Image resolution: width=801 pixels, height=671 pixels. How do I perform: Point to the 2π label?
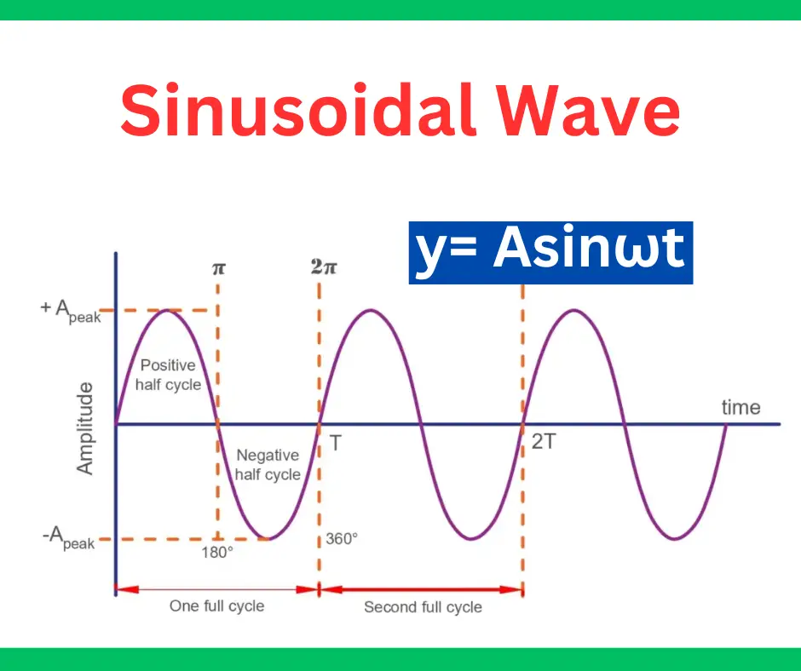click(x=324, y=267)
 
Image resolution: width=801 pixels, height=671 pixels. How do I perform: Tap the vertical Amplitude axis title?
click(x=85, y=428)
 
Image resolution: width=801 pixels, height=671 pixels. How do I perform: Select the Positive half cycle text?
click(x=169, y=375)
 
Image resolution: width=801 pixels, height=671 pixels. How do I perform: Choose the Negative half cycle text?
click(x=268, y=465)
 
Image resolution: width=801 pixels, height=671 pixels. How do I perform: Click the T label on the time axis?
click(x=336, y=443)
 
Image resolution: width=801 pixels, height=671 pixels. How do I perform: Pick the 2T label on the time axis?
click(x=543, y=443)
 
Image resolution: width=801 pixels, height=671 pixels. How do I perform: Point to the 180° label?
click(x=217, y=552)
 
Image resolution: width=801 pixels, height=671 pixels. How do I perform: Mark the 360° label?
click(x=341, y=539)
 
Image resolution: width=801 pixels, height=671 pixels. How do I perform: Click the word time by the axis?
click(x=740, y=407)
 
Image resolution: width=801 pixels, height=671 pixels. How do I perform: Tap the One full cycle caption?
click(x=216, y=606)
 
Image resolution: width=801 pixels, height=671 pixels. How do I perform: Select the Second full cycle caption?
click(x=423, y=607)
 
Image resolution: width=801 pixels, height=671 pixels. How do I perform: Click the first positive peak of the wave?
click(x=167, y=310)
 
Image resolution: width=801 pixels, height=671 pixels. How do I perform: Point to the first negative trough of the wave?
click(x=268, y=539)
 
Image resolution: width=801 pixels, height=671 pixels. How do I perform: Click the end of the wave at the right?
click(x=725, y=424)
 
